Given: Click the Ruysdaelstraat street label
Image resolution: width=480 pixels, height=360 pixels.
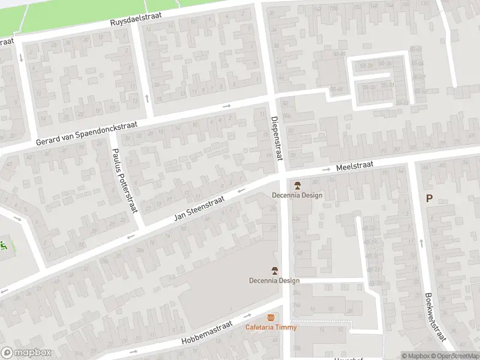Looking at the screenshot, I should click(x=136, y=19).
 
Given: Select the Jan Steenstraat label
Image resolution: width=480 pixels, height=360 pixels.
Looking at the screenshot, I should click(x=199, y=208).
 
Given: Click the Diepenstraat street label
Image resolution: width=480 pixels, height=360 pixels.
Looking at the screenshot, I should click(x=275, y=137).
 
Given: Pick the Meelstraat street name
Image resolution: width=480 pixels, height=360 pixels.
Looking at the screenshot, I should click(x=355, y=164).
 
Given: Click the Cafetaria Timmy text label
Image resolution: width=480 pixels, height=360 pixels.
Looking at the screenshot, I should click(x=271, y=327).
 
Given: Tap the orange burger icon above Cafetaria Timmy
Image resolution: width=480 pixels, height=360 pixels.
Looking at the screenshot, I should click(x=271, y=317).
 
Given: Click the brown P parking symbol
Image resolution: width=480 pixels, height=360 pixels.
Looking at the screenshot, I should click(x=429, y=199).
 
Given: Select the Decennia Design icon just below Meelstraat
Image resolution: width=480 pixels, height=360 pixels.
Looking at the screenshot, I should click(x=297, y=184).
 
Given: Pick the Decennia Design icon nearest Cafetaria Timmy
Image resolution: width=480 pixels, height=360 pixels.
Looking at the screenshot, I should click(x=275, y=270).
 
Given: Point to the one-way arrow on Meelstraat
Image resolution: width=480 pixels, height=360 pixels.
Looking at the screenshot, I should click(x=326, y=169).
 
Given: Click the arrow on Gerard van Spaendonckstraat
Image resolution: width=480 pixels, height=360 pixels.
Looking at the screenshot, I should click(x=226, y=106).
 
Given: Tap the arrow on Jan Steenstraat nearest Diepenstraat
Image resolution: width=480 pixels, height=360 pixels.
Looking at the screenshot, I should click(x=241, y=191).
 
